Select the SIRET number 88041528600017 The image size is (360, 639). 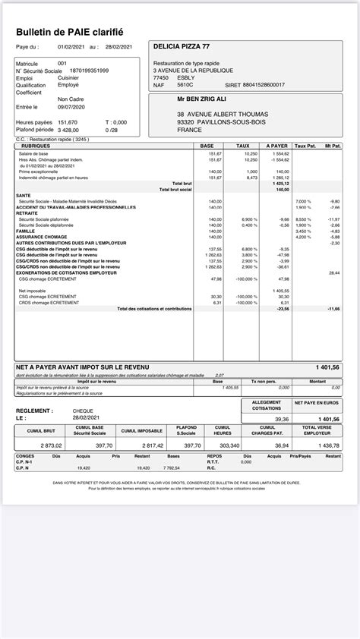tap(264, 84)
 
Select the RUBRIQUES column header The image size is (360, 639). tap(36, 145)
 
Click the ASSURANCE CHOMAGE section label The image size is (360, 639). tap(39, 236)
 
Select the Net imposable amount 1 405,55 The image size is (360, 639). tap(280, 290)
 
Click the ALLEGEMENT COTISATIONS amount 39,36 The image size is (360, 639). tap(282, 418)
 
